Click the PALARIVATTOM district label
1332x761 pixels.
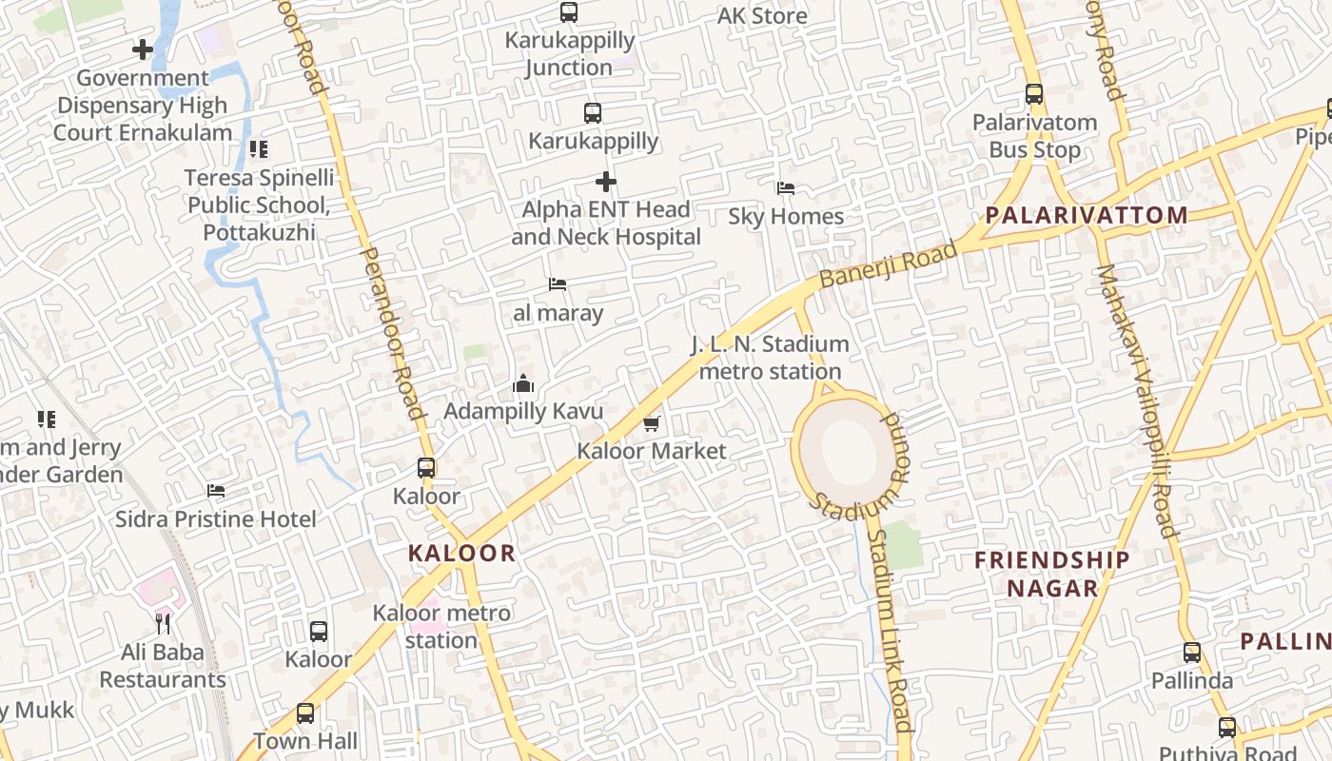pos(1087,215)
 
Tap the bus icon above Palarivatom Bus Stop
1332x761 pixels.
pos(1034,94)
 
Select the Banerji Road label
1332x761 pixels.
pos(888,265)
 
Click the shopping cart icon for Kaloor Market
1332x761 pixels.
pos(651,423)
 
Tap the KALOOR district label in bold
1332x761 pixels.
pos(461,553)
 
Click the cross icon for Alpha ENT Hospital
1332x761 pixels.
pos(606,181)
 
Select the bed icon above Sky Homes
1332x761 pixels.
pos(786,188)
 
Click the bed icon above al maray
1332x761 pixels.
pos(558,284)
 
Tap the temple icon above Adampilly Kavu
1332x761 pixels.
pos(523,384)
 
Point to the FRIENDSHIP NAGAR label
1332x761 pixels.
pos(1052,574)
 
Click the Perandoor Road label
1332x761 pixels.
pos(393,333)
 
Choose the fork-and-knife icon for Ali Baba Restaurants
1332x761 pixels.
pos(163,624)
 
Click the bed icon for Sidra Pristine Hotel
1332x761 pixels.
pos(216,491)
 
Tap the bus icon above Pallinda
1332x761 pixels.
pos(1192,653)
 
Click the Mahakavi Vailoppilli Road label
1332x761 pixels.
pos(1136,400)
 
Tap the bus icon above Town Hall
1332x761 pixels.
pos(305,712)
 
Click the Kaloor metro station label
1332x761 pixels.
pos(441,626)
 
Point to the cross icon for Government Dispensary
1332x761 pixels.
pos(143,49)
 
